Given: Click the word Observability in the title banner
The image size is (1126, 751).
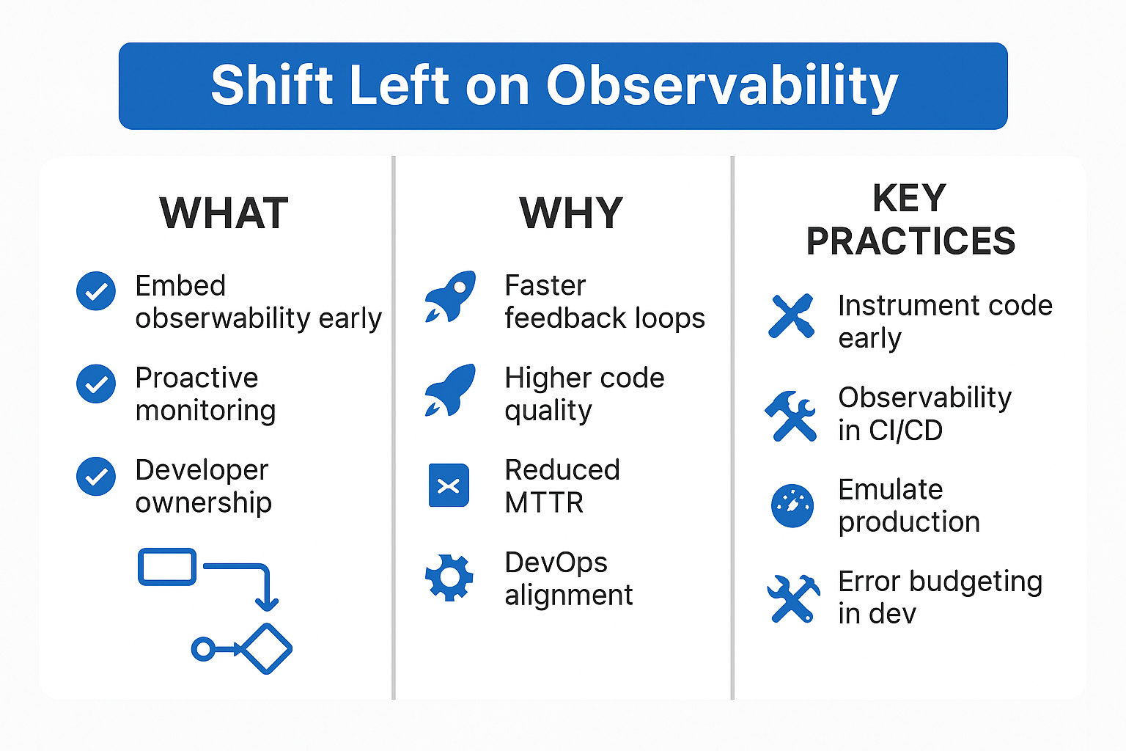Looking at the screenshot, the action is (x=722, y=86).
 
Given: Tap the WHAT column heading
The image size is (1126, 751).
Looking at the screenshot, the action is (x=224, y=213).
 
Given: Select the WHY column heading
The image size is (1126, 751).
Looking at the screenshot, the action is (x=571, y=213).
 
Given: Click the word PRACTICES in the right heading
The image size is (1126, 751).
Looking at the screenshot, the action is (x=911, y=241).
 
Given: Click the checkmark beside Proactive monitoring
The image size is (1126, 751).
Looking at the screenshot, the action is (x=96, y=384).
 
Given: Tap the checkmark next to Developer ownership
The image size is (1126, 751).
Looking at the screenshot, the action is (x=96, y=477).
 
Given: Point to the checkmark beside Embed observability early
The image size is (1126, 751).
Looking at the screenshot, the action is (x=96, y=291).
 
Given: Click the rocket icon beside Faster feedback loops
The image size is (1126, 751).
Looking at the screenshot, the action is (x=450, y=296).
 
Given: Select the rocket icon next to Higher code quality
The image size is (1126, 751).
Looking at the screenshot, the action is (x=450, y=390).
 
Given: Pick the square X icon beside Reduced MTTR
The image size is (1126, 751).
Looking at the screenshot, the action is (x=449, y=485).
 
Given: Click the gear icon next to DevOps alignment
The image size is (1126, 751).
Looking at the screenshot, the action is (x=449, y=578).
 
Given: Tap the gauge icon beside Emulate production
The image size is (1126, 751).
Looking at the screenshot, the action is (x=792, y=506).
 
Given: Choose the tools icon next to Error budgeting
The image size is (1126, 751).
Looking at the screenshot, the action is (x=793, y=598).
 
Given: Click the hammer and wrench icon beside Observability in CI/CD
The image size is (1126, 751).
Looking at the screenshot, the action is (x=791, y=416).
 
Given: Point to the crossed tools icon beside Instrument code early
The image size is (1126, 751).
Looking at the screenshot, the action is (x=791, y=316).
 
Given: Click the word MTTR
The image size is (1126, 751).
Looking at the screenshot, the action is (x=544, y=502).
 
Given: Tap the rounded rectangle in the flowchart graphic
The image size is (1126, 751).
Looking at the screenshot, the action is (x=167, y=567).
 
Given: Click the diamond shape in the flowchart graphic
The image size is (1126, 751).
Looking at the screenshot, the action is (x=266, y=649).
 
